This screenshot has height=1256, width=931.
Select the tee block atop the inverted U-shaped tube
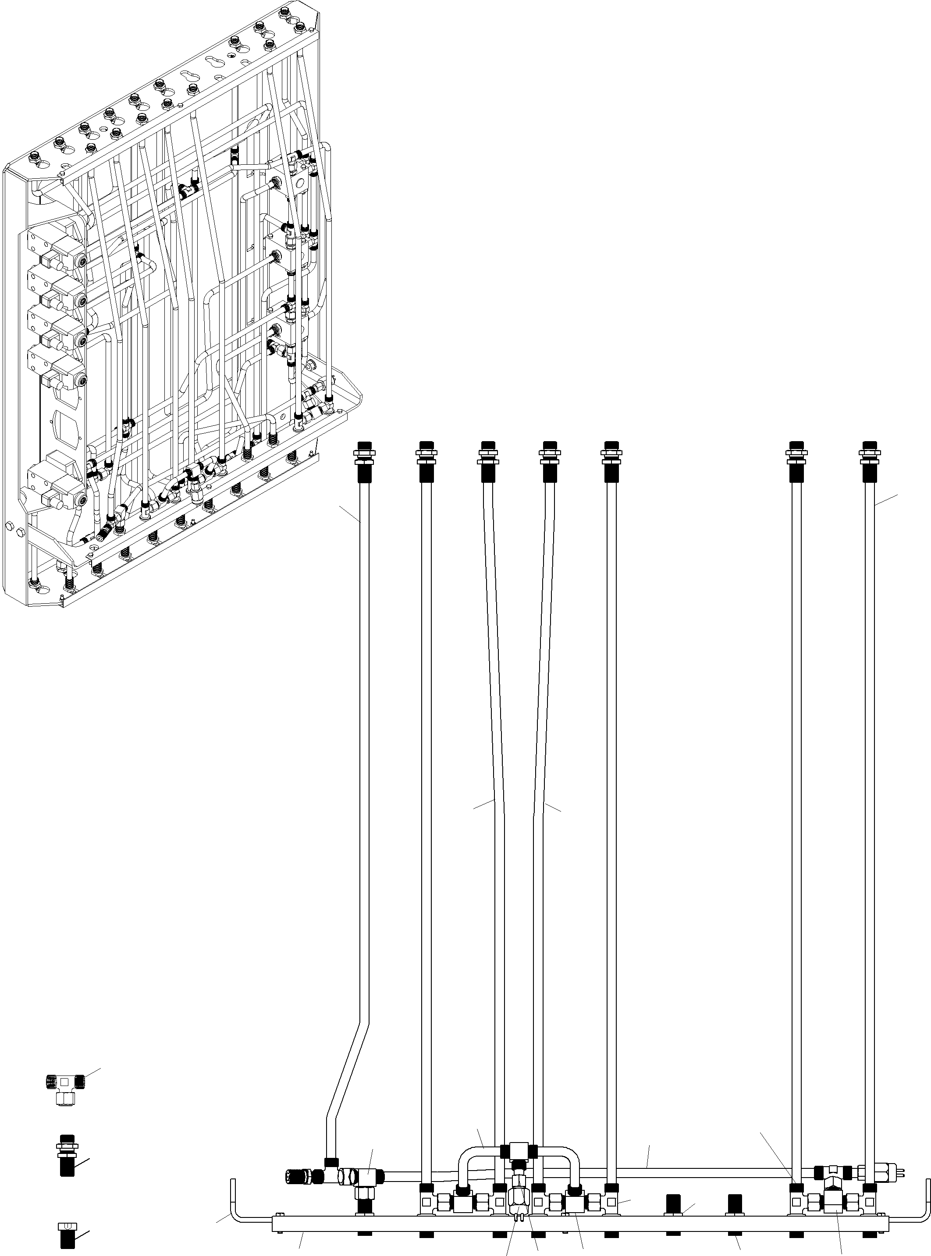click(518, 1150)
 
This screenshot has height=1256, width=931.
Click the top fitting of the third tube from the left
click(488, 461)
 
